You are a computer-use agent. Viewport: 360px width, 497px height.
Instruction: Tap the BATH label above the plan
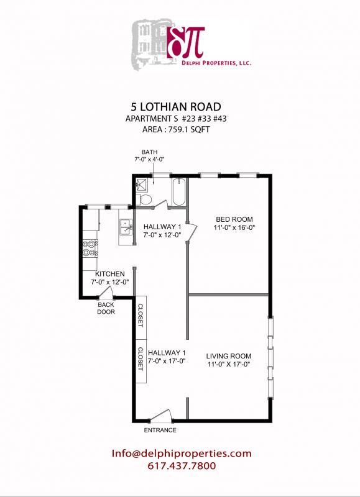(149, 152)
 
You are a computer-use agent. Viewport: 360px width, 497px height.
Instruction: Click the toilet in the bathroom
(144, 198)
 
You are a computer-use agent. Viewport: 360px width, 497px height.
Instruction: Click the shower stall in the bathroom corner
(142, 183)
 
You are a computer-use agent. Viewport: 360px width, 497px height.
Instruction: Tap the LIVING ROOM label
(229, 356)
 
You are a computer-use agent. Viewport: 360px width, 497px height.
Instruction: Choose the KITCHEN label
(110, 274)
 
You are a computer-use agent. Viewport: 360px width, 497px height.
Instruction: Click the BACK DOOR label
(106, 308)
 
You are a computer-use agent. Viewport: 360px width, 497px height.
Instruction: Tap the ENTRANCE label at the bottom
(160, 430)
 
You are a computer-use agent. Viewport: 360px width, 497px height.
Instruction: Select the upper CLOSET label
(141, 315)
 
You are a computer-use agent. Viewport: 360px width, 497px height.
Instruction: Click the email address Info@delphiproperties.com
(182, 454)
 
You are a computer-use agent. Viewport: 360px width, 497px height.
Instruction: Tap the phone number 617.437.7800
(182, 466)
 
